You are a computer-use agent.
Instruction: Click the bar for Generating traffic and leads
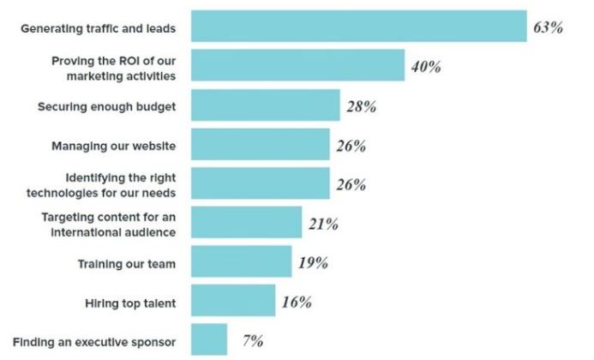[x=359, y=27]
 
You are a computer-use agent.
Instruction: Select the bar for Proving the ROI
[x=297, y=65]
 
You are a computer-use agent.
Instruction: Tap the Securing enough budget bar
[x=266, y=105]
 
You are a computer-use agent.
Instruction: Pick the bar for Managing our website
[x=261, y=144]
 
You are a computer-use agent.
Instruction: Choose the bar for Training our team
[x=242, y=261]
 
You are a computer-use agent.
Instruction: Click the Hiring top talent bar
[x=233, y=301]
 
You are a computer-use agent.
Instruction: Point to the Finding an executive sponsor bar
[x=209, y=339]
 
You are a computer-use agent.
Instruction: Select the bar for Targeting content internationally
[x=247, y=223]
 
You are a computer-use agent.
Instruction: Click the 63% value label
[x=549, y=27]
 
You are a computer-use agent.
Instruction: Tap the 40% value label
[x=426, y=67]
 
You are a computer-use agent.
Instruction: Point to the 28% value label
[x=362, y=106]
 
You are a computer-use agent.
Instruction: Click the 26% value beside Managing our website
[x=351, y=146]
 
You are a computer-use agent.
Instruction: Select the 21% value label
[x=323, y=224]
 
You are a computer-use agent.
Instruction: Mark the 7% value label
[x=253, y=340]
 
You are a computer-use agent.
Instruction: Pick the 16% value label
[x=297, y=302]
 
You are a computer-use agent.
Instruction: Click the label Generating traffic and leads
[x=98, y=29]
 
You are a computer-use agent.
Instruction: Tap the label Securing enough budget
[x=107, y=107]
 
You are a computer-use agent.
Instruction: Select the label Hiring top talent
[x=130, y=303]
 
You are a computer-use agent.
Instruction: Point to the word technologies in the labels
[x=63, y=193]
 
